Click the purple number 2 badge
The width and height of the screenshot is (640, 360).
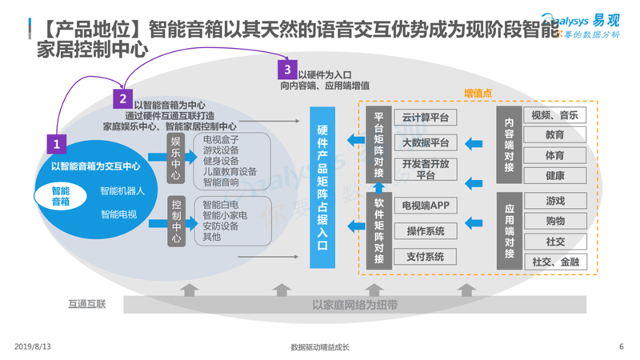coord(122,99)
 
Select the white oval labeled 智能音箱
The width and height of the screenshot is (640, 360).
coord(61,196)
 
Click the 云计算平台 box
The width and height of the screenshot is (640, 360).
coord(425,118)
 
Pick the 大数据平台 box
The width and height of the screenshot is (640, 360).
coord(425,143)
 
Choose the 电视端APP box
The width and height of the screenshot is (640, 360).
coord(425,206)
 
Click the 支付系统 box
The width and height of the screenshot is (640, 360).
coord(425,257)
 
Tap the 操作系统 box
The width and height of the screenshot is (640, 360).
coord(425,231)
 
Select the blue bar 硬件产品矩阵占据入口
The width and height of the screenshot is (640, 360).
coord(322,188)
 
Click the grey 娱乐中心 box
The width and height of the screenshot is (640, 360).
coord(177,158)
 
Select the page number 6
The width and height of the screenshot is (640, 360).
coord(621,346)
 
